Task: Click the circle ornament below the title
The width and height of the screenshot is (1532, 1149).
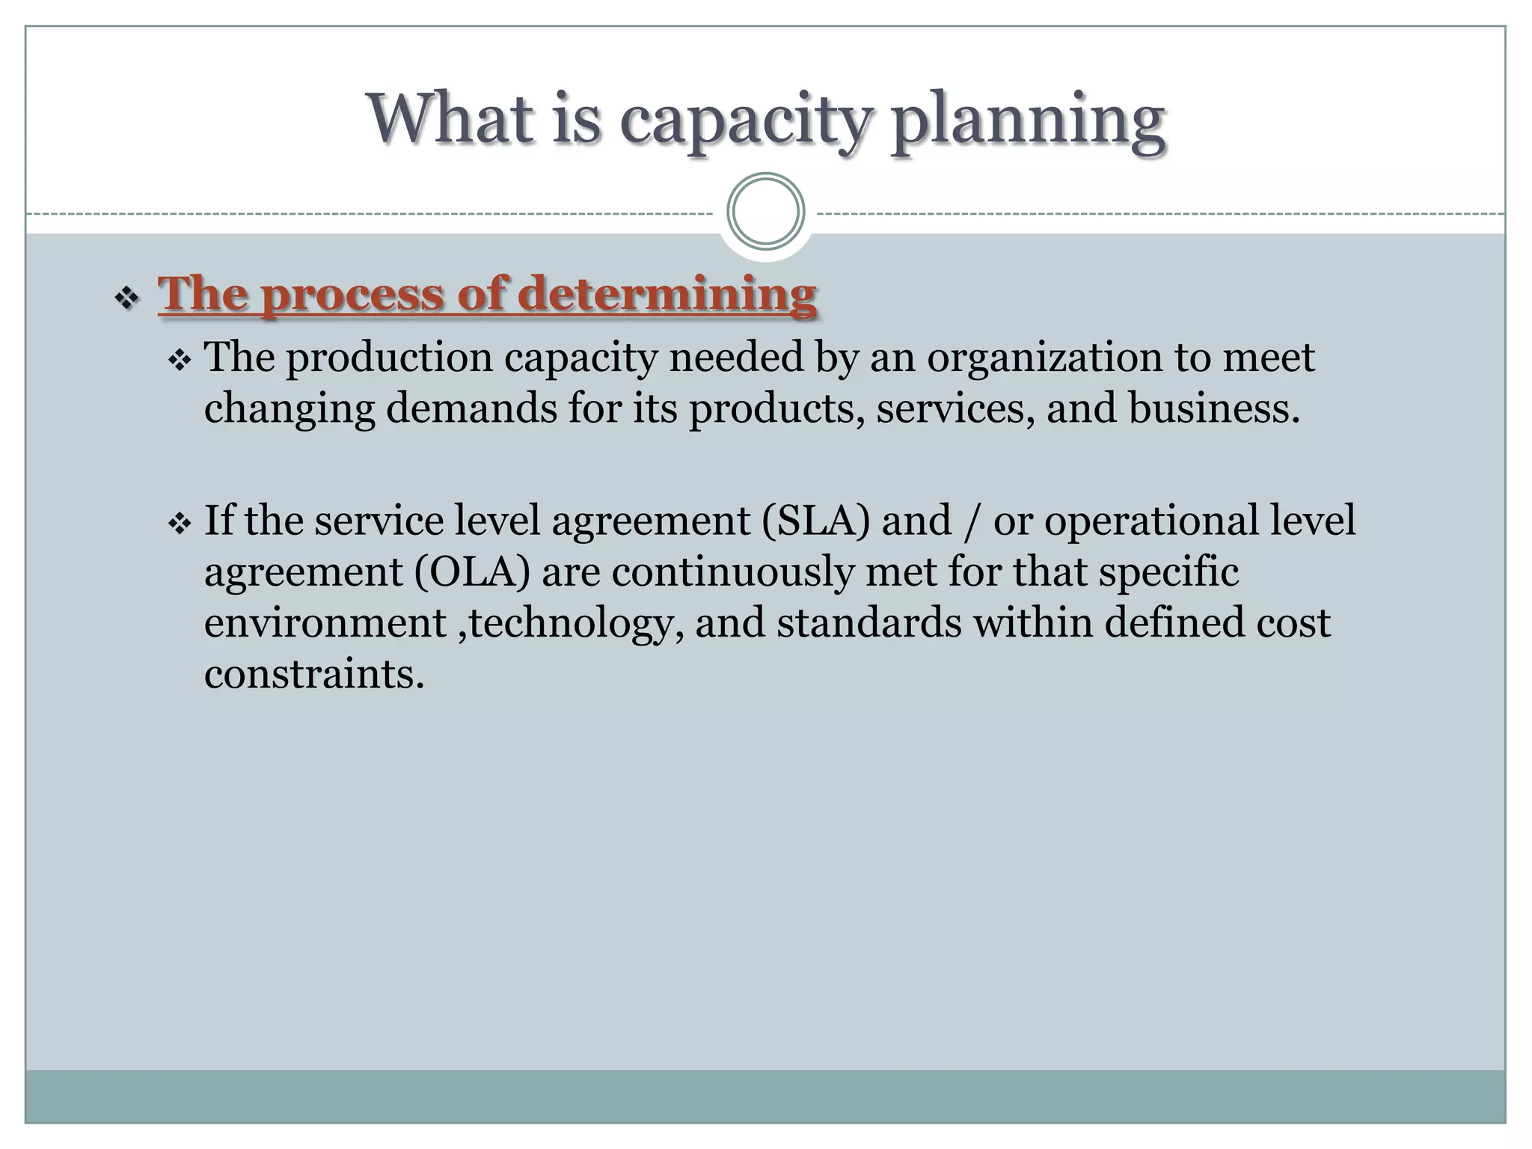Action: [x=765, y=212]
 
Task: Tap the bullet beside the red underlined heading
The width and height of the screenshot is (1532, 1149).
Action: [x=126, y=298]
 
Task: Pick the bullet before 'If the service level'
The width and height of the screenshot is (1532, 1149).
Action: [x=180, y=524]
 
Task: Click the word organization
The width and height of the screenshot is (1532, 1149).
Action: [x=1045, y=357]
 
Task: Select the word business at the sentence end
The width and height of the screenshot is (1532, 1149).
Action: [x=1213, y=408]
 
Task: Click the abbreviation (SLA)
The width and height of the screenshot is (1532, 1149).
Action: [x=816, y=521]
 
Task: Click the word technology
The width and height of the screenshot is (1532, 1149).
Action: [x=572, y=624]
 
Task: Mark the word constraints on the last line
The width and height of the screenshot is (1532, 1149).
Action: [x=314, y=673]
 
